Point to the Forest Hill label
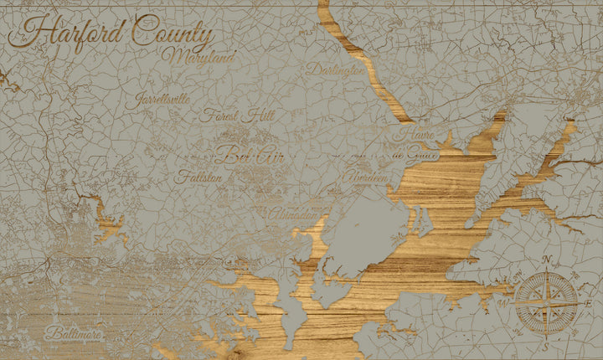pos(231,117)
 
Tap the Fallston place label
pos(199,177)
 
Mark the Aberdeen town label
pos(363,177)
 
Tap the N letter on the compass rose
pos(547,260)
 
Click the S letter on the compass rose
pos(544,345)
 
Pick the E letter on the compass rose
pos(589,302)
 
